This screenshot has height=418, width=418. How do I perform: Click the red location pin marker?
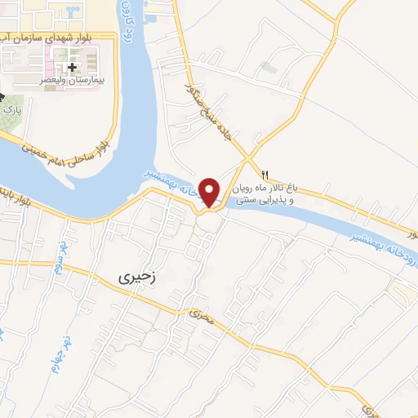211,191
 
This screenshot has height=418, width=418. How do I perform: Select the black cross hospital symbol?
73,66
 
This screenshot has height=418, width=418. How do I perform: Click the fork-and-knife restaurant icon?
265,175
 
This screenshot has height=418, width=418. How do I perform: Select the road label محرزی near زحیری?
201,313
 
